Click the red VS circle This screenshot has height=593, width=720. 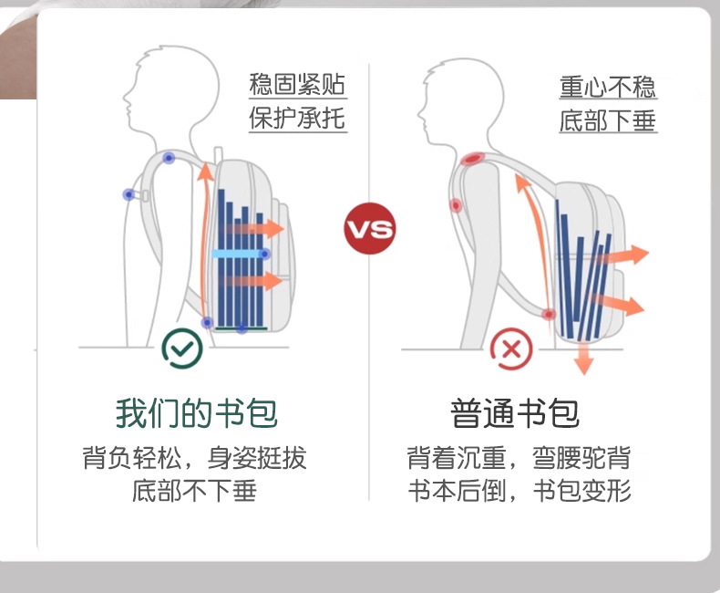[369, 228]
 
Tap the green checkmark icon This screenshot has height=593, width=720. [182, 348]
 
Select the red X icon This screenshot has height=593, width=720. [511, 348]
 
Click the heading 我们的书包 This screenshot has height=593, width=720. [196, 413]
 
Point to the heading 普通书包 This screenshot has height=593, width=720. [515, 413]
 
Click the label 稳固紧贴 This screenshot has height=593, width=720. [298, 86]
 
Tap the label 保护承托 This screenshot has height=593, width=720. [298, 119]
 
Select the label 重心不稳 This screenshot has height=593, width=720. [607, 87]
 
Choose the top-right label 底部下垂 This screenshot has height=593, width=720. [607, 120]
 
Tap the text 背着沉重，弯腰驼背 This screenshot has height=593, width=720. [518, 458]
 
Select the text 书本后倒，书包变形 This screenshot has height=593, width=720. [518, 492]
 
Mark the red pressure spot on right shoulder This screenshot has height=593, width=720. [472, 160]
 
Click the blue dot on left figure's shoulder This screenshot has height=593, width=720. [169, 158]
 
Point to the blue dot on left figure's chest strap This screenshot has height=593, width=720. [129, 194]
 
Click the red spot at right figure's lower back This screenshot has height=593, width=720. [549, 315]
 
